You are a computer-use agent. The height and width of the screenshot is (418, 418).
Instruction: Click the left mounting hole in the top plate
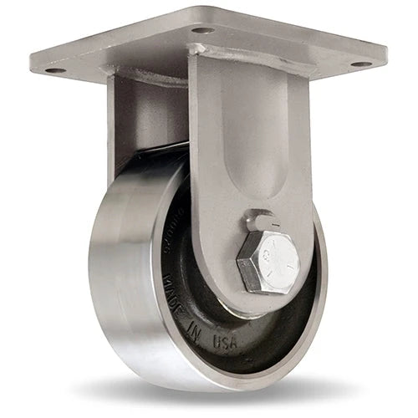point(56,70)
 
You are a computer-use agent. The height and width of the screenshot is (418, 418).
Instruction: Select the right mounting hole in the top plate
point(359,64)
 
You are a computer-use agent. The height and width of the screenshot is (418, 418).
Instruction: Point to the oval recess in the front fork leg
point(251,159)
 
